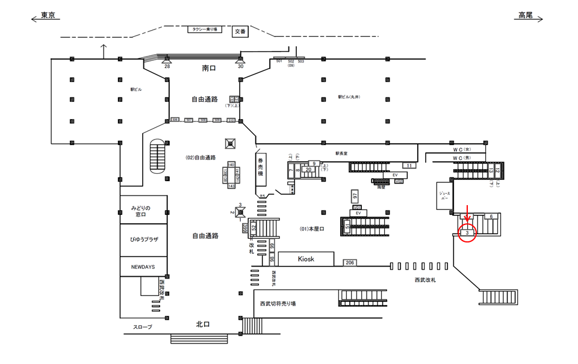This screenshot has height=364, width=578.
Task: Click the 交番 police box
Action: click(x=240, y=31)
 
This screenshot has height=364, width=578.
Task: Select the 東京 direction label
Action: click(x=48, y=16)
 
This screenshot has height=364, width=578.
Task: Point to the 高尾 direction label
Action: click(x=524, y=16)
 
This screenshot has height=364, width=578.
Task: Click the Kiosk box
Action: click(x=306, y=259)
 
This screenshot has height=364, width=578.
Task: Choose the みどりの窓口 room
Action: click(x=143, y=211)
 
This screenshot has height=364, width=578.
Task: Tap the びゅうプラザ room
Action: click(x=143, y=239)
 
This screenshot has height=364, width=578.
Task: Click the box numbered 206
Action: click(x=350, y=262)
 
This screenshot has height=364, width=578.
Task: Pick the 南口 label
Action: click(x=209, y=69)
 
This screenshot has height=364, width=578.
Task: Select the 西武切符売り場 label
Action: click(x=278, y=304)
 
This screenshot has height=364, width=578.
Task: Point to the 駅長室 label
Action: click(x=341, y=154)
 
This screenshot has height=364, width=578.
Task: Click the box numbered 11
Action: click(x=409, y=165)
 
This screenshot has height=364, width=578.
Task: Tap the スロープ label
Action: click(x=143, y=327)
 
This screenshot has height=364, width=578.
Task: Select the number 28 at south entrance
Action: click(x=167, y=66)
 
